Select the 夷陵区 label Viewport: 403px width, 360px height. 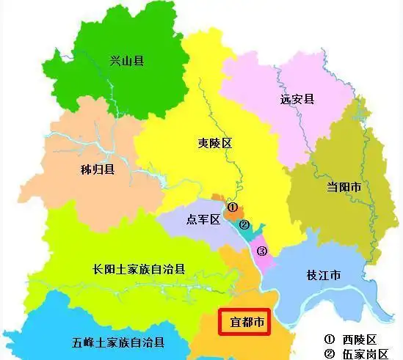pyautogui.click(x=215, y=143)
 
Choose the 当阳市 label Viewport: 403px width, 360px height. pyautogui.click(x=344, y=187)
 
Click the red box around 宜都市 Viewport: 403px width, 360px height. pyautogui.click(x=245, y=320)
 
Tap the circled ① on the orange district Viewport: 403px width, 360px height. pyautogui.click(x=231, y=207)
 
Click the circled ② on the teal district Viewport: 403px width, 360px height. pyautogui.click(x=244, y=225)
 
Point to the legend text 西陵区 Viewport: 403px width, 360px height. pyautogui.click(x=361, y=339)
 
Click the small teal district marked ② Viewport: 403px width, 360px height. pyautogui.click(x=252, y=232)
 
